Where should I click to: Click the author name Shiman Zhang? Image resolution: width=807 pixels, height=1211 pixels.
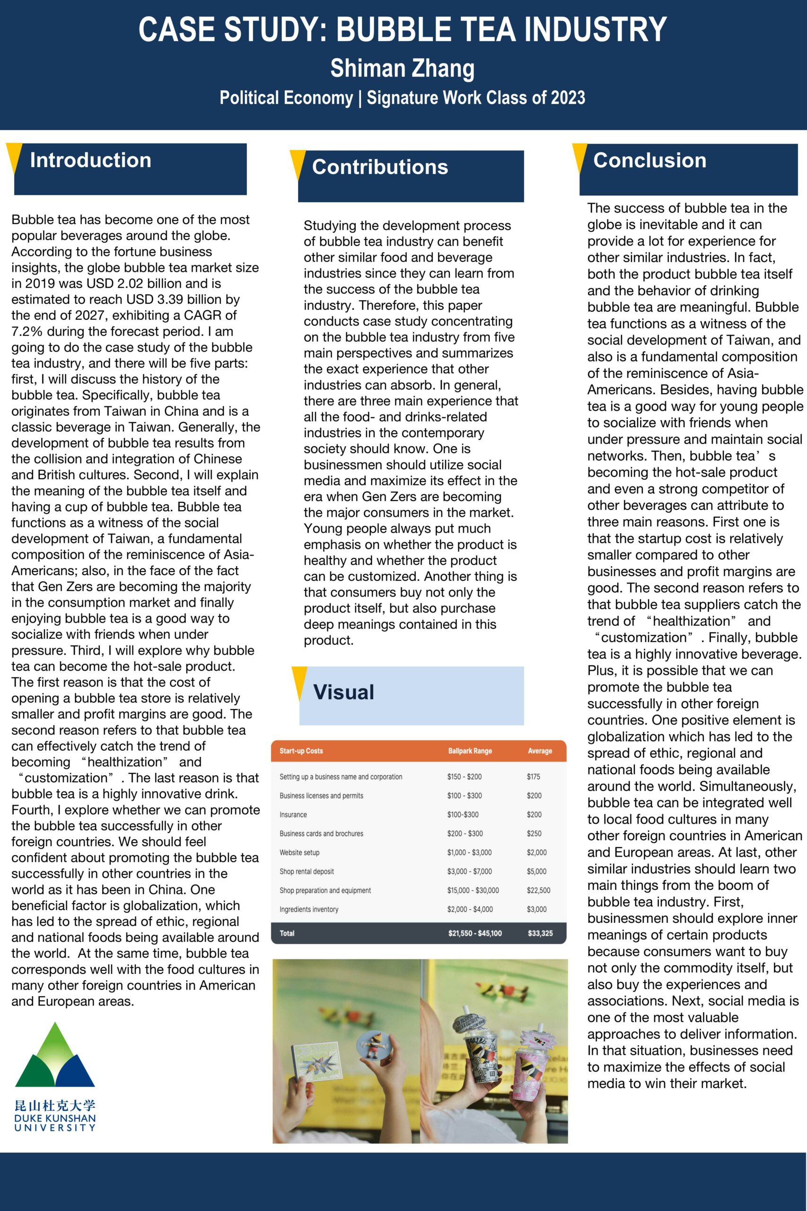pos(403,69)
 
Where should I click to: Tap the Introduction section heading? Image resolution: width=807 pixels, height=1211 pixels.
pos(90,160)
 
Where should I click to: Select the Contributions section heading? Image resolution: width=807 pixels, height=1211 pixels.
pos(380,167)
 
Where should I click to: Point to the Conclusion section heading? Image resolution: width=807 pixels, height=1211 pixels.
pos(649,160)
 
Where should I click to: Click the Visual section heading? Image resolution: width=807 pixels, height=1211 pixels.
pos(344,692)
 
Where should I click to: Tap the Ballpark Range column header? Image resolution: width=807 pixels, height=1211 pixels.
pos(470,751)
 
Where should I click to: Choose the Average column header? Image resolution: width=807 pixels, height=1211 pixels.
pos(540,751)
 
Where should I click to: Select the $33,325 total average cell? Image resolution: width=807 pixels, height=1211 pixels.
pos(540,933)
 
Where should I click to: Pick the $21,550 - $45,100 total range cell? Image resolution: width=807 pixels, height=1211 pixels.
pos(474,933)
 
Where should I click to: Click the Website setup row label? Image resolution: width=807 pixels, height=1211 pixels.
pos(299,852)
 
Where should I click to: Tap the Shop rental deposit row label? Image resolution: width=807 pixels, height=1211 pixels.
pos(307,871)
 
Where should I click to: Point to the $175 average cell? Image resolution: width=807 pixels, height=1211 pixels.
pos(534,777)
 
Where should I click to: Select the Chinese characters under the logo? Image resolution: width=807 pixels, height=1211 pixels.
pos(55,1106)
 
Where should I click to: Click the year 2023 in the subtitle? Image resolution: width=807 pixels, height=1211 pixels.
pos(568,98)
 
